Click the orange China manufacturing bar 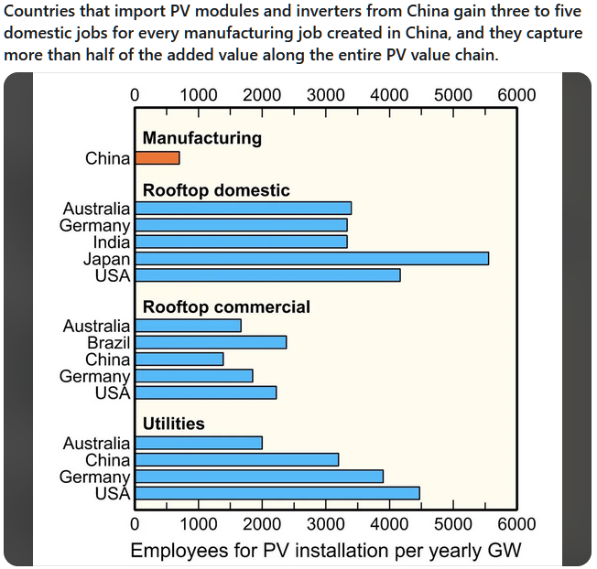157,158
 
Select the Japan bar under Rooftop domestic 311,259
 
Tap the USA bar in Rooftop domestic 267,275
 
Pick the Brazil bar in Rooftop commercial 211,342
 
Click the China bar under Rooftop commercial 179,360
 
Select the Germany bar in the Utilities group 259,477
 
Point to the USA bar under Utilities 277,493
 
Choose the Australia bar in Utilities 199,443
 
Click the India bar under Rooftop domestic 241,242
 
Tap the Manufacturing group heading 202,138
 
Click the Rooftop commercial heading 226,307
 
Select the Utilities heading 174,424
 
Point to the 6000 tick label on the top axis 516,95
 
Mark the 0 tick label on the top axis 136,95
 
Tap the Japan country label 106,259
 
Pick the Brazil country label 108,342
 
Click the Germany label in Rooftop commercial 95,376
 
